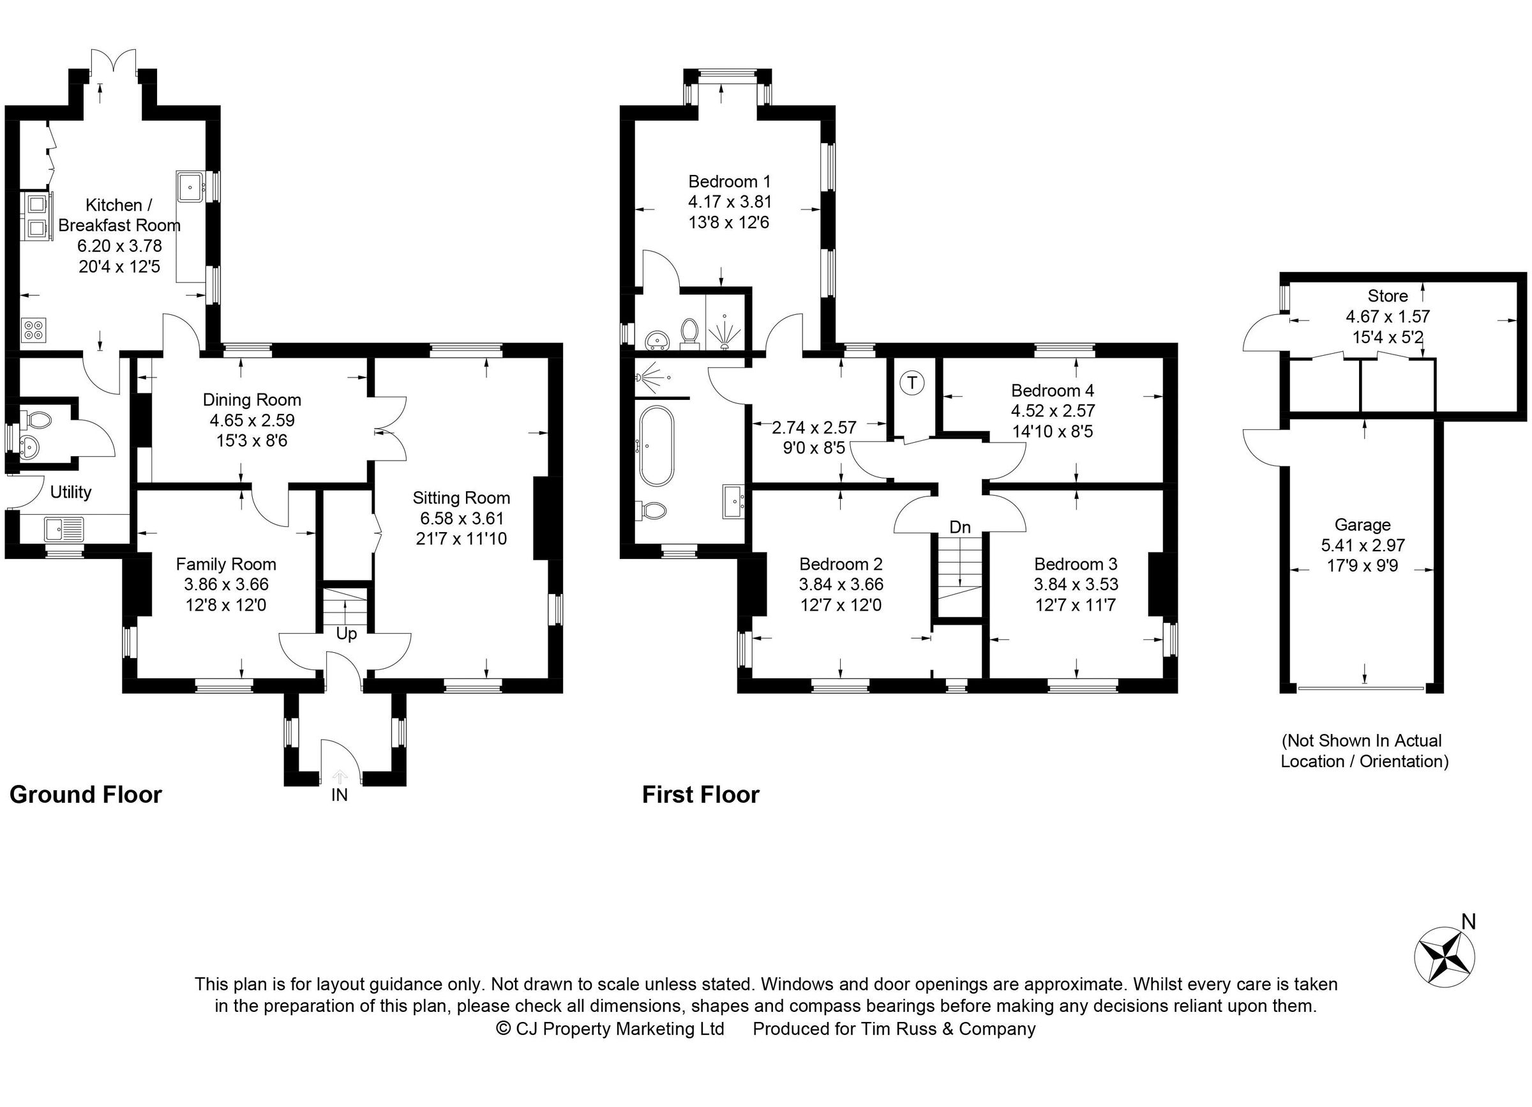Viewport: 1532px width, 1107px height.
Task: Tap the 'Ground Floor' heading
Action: click(x=86, y=795)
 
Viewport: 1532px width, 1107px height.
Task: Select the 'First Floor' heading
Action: click(x=700, y=795)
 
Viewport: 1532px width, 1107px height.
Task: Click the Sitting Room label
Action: click(x=462, y=498)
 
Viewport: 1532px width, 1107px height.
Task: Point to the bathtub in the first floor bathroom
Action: click(x=657, y=446)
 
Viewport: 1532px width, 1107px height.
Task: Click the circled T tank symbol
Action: click(x=913, y=383)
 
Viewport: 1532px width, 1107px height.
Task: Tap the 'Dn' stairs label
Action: click(x=960, y=527)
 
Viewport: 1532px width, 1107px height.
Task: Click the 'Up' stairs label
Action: click(x=347, y=634)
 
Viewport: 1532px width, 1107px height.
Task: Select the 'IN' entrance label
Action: click(x=340, y=795)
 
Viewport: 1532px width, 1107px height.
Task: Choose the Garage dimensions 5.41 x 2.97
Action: click(x=1362, y=545)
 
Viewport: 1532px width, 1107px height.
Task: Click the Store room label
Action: click(x=1388, y=295)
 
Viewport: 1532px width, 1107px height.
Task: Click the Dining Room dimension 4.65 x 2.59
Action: click(x=252, y=420)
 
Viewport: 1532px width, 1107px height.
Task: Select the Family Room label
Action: click(x=225, y=564)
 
